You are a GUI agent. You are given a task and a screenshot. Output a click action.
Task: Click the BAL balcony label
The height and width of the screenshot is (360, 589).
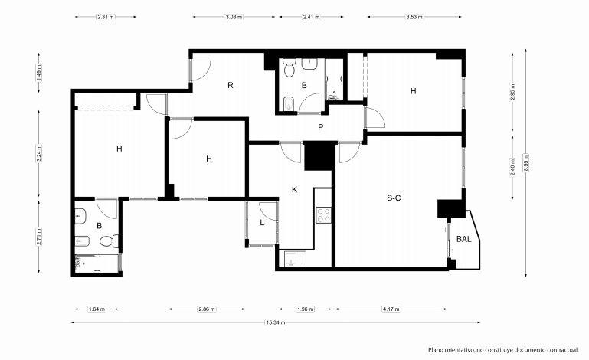pyautogui.click(x=464, y=239)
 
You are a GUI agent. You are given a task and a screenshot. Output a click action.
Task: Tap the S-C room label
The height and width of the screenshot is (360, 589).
pyautogui.click(x=394, y=198)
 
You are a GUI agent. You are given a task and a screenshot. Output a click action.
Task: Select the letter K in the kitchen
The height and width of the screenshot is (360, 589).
pyautogui.click(x=294, y=190)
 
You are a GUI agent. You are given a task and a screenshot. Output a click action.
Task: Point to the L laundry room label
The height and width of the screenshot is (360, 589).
pyautogui.click(x=262, y=222)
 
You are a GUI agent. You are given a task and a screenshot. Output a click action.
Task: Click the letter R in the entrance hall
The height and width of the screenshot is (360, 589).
pyautogui.click(x=231, y=85)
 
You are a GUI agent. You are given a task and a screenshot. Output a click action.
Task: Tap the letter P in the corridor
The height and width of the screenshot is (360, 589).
pyautogui.click(x=320, y=127)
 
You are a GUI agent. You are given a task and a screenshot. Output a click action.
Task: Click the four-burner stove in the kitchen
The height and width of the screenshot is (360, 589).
pyautogui.click(x=323, y=215)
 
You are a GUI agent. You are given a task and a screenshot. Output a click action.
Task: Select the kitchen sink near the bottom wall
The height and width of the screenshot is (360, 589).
pyautogui.click(x=295, y=259)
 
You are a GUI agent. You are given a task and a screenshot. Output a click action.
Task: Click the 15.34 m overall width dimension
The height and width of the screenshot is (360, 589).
pyautogui.click(x=276, y=322)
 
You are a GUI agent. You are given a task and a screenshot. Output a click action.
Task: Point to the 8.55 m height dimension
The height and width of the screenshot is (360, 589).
pyautogui.click(x=526, y=162)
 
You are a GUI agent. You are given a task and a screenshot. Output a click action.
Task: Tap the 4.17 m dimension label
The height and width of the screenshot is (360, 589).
pyautogui.click(x=391, y=309)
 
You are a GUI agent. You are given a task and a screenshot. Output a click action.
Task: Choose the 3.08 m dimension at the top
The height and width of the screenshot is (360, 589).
pyautogui.click(x=234, y=17)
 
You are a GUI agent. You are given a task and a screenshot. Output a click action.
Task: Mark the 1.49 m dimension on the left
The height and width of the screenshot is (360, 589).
pyautogui.click(x=39, y=73)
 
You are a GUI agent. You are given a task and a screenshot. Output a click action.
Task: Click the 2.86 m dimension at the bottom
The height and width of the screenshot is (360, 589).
pyautogui.click(x=207, y=309)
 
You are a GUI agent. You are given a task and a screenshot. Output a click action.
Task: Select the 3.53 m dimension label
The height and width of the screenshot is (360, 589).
pyautogui.click(x=414, y=17)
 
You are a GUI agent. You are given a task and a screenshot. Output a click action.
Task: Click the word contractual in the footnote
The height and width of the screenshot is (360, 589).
pyautogui.click(x=563, y=350)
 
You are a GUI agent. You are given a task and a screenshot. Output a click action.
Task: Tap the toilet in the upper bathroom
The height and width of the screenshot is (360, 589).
pyautogui.click(x=290, y=67)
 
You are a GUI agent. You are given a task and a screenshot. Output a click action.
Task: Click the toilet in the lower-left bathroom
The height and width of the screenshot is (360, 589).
pyautogui.click(x=110, y=241)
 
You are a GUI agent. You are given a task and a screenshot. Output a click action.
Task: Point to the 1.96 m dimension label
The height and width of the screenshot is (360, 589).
pyautogui.click(x=305, y=309)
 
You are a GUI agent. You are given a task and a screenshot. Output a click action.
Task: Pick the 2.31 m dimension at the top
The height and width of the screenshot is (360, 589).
pyautogui.click(x=106, y=17)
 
